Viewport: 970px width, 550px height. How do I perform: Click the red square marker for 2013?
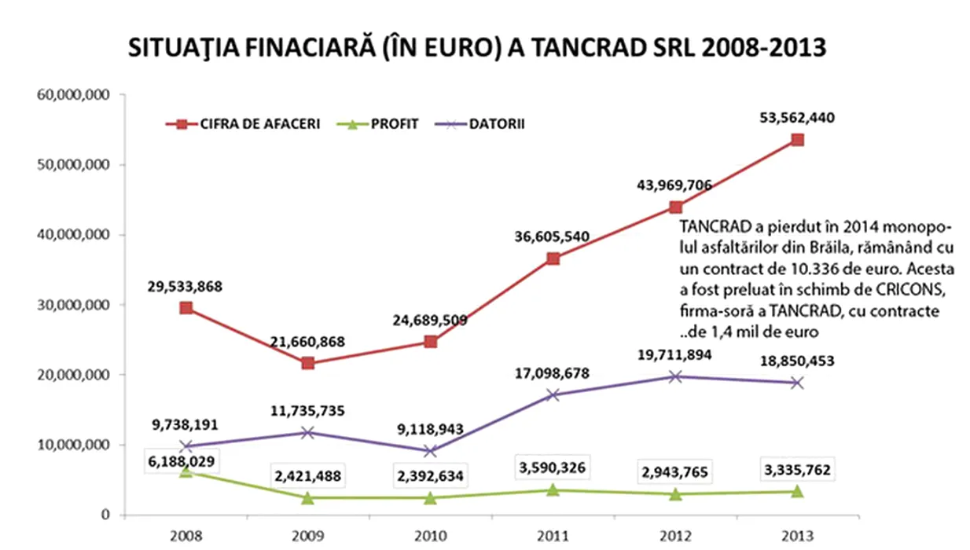[x=797, y=140]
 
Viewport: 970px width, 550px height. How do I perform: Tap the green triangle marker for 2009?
[x=307, y=497]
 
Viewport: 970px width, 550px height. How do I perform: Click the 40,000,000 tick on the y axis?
[x=73, y=235]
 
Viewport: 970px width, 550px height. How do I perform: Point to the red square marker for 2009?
[x=307, y=363]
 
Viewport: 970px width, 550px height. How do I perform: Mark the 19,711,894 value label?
[x=674, y=356]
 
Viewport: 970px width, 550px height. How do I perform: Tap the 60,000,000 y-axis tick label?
[x=73, y=95]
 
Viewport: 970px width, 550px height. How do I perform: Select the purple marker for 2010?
[x=430, y=451]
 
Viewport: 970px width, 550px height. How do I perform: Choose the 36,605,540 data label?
[x=552, y=236]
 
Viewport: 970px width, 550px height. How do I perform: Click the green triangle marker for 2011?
[x=553, y=489]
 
